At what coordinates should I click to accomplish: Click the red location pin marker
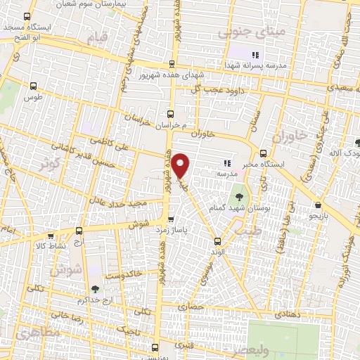(181, 165)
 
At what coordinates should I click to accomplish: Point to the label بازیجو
(320, 217)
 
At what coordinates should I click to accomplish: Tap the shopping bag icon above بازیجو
(320, 205)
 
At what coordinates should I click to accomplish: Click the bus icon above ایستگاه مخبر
(263, 153)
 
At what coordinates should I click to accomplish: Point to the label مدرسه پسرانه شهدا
(268, 65)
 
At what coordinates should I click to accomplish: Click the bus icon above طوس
(32, 86)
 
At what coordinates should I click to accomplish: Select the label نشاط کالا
(51, 246)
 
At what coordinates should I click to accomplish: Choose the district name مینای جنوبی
(243, 31)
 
